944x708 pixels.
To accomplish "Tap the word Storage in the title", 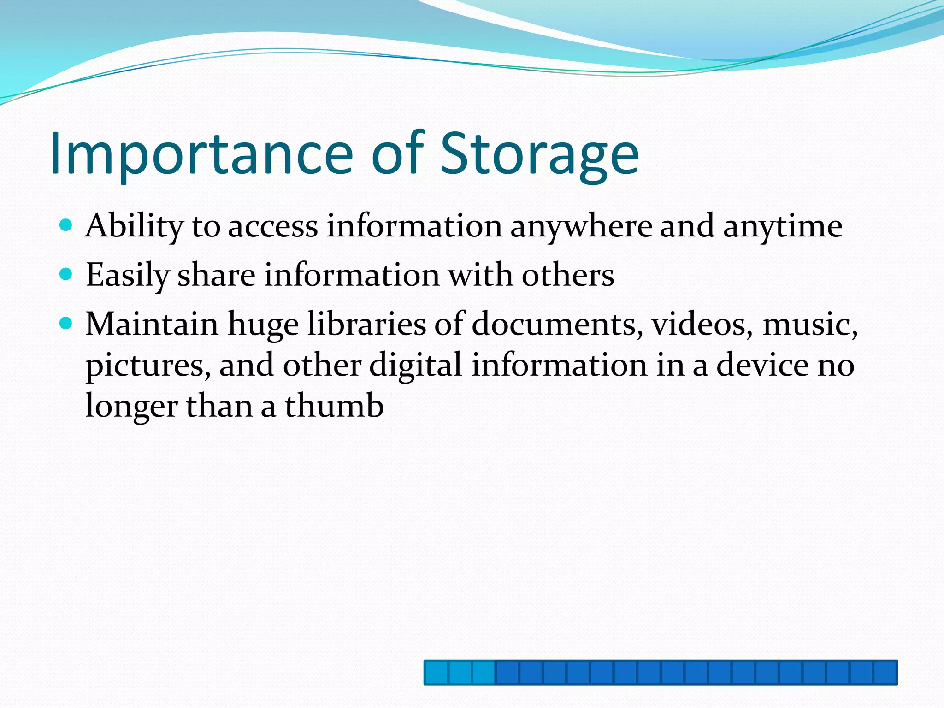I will (539, 154).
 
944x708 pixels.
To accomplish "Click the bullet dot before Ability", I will (66, 225).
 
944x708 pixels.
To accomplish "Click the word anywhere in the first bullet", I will (581, 227).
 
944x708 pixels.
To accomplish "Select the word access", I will (273, 227).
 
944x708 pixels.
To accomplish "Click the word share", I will (216, 276).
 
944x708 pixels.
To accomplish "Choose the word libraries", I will (366, 324).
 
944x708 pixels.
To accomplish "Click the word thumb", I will (334, 406).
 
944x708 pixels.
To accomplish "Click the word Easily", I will (127, 276).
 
